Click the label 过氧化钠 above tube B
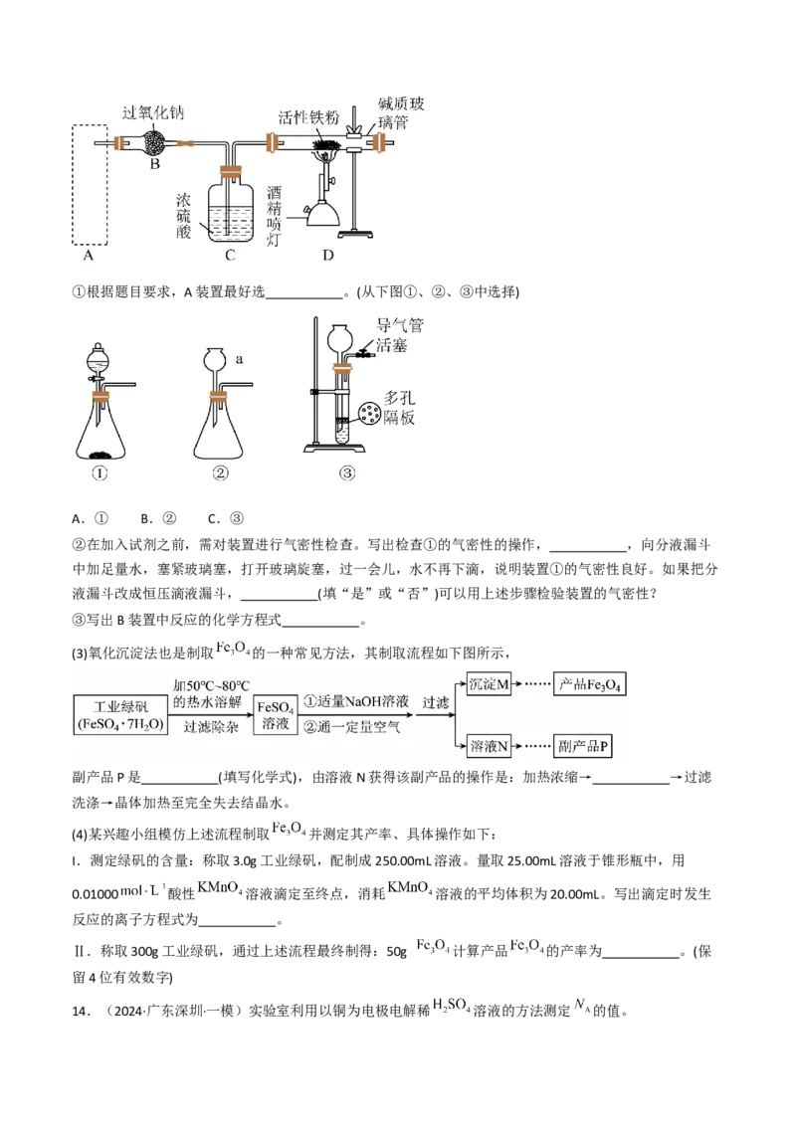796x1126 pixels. click(153, 112)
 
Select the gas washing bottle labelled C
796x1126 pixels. click(230, 210)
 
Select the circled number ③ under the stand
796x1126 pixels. click(346, 473)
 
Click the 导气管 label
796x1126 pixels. click(397, 325)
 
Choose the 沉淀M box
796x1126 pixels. click(489, 687)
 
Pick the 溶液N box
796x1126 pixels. click(489, 746)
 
